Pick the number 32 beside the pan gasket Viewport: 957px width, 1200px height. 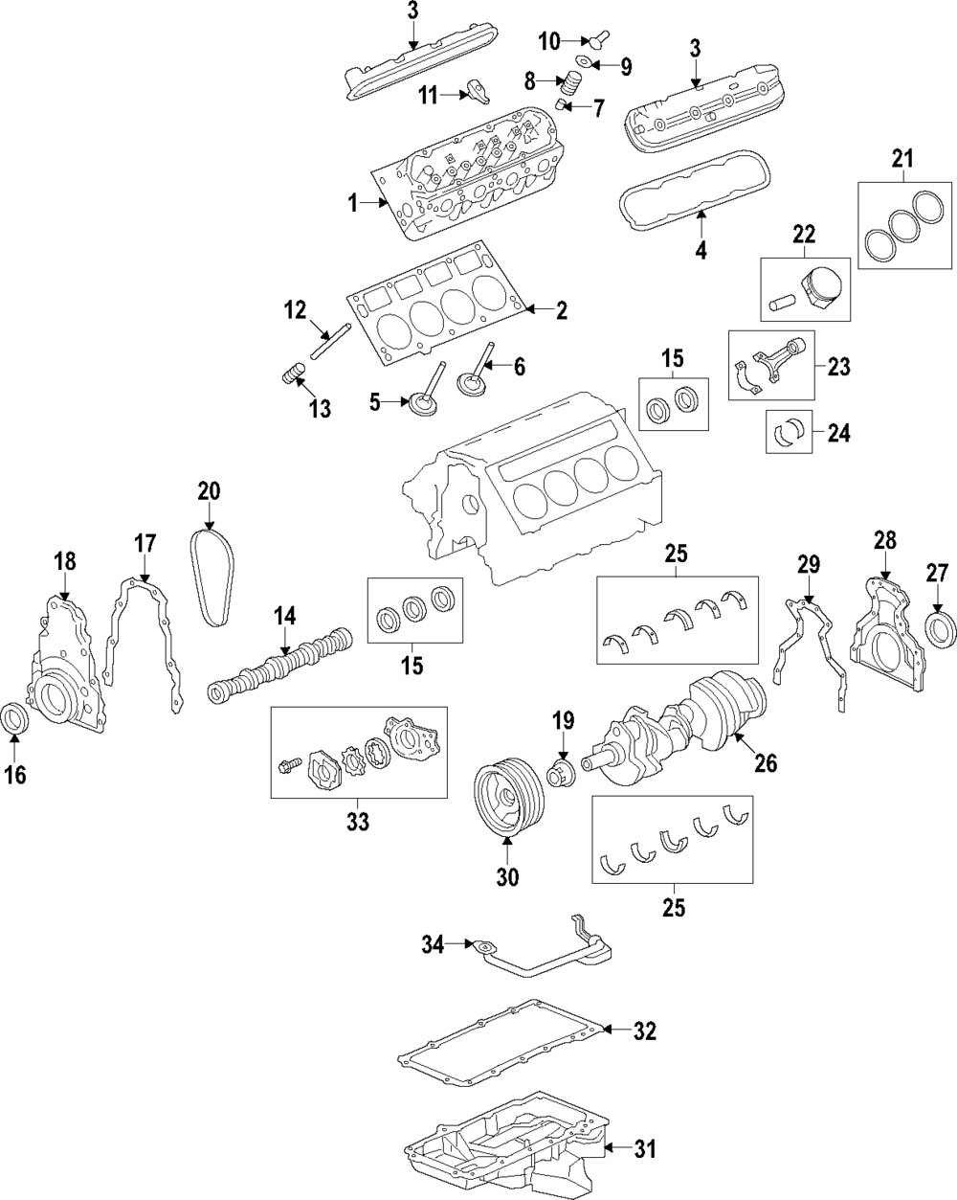(645, 1031)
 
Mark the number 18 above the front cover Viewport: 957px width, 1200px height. (64, 562)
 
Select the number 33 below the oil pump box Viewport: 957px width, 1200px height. (358, 821)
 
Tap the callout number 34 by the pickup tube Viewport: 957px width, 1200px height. (434, 946)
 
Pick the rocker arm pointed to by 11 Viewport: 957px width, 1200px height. (478, 90)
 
